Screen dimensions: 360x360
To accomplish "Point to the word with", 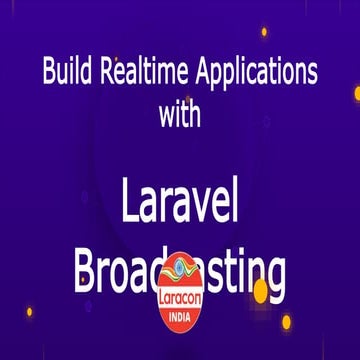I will pos(180,113).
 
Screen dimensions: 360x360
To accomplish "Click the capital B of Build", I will pos(48,73).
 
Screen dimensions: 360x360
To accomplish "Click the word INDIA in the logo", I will pos(181,311).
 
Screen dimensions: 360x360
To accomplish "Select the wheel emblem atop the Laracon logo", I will pos(181,268).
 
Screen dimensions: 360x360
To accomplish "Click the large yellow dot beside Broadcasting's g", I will pos(260,291).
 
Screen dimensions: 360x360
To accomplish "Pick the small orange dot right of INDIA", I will pos(286,321).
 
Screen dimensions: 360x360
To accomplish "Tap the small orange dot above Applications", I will pos(264,31).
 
